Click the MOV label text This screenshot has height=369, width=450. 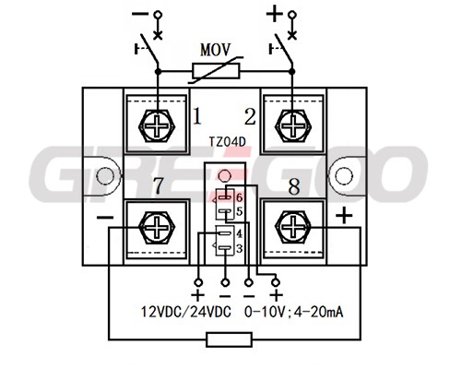[x=215, y=50]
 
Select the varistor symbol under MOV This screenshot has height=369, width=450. [x=216, y=71]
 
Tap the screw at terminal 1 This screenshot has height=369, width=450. [x=157, y=125]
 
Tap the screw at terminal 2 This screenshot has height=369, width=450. [x=293, y=125]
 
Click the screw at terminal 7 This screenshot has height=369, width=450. [x=157, y=228]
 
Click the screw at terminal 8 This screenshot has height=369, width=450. [x=293, y=228]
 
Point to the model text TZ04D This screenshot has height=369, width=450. [x=228, y=142]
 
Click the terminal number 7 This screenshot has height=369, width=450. [x=158, y=185]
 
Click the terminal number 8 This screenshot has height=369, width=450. [x=294, y=186]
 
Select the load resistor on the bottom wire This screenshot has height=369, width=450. [x=230, y=339]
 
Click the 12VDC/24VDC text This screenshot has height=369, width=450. [x=186, y=312]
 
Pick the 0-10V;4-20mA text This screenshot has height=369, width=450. [x=293, y=312]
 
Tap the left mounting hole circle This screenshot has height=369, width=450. [x=105, y=176]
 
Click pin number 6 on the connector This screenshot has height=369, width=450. [x=240, y=197]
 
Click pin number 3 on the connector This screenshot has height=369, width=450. [x=240, y=248]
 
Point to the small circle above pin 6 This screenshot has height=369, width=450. [x=224, y=176]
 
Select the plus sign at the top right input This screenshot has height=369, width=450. [x=274, y=14]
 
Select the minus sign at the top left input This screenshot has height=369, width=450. [x=140, y=14]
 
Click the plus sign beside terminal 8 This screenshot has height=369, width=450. [x=344, y=215]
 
